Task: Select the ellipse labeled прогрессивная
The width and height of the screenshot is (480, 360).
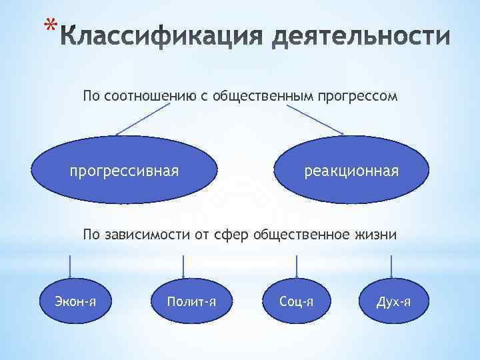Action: coord(125,171)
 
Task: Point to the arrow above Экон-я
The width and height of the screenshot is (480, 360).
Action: coord(69,264)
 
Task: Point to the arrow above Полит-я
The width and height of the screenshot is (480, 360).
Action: coord(185,264)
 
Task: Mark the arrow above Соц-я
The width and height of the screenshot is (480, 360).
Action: coord(296,264)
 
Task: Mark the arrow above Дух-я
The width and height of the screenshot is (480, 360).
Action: coord(391,264)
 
